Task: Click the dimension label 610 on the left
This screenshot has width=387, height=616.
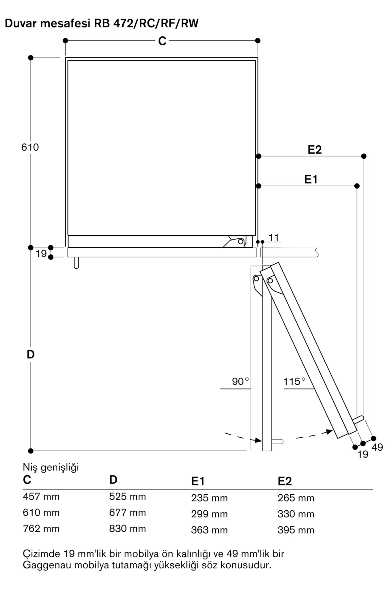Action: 30,147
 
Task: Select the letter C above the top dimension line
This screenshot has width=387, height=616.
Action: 162,41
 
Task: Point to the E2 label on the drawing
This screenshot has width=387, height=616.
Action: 315,150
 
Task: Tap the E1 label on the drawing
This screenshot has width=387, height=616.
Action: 311,179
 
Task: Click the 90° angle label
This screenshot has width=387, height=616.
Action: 240,382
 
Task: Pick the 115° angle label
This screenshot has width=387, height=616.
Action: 294,382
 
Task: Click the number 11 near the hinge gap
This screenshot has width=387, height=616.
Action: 274,237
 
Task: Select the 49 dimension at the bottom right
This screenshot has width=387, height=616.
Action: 377,447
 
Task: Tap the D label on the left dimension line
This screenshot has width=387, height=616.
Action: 31,355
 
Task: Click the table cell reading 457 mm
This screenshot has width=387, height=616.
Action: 41,496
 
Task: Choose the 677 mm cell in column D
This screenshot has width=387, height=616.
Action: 127,513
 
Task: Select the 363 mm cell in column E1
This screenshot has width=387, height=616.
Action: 209,530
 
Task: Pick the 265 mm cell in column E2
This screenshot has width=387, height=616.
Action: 296,498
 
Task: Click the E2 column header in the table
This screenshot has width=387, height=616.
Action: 285,481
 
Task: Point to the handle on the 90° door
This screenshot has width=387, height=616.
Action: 277,442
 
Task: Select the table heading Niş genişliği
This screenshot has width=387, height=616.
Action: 51,468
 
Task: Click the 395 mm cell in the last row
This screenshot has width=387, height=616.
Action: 296,530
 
